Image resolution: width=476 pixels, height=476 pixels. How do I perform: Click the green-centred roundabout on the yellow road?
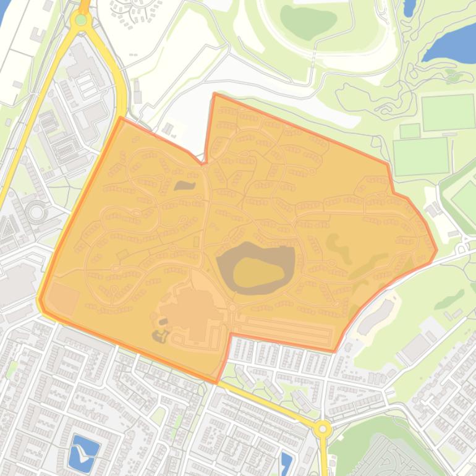click(x=81, y=19)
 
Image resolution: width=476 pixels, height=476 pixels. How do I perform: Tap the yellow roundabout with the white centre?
click(x=322, y=428)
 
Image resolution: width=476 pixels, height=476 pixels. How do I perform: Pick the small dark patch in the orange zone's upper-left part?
click(x=184, y=185)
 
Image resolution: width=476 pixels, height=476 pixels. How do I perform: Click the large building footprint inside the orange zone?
click(x=192, y=309)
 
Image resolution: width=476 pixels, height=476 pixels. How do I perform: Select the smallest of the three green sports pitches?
click(x=410, y=130)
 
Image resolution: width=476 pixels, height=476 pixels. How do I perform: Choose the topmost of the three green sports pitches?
click(x=448, y=112)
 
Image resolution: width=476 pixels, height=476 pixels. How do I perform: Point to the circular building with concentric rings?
click(x=36, y=213)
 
